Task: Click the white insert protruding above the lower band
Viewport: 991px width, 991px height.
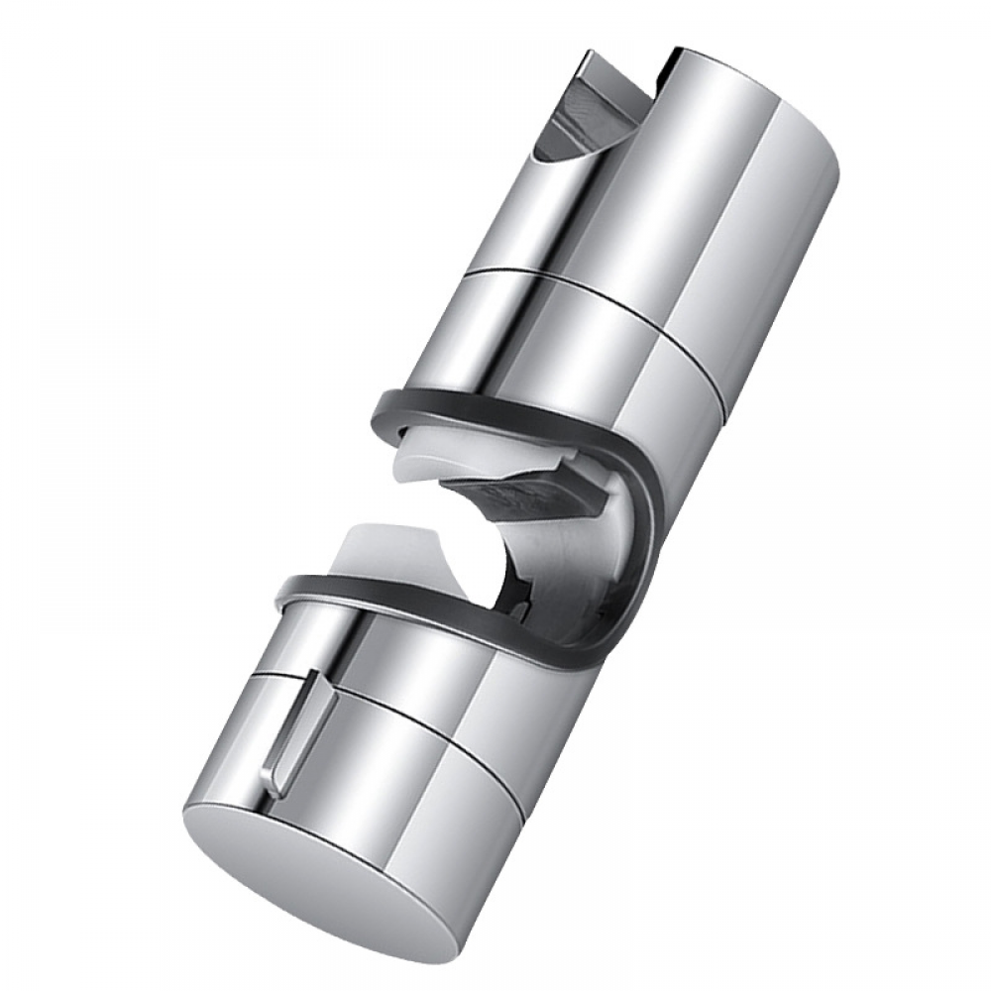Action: tap(396, 555)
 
